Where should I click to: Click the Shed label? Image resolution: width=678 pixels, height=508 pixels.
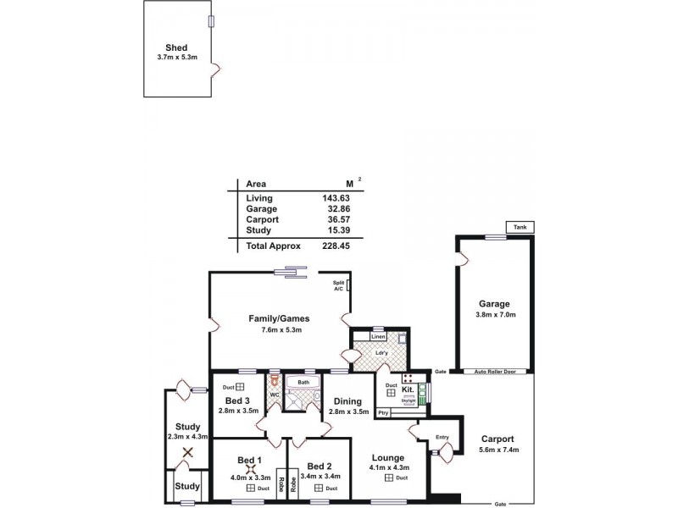pyautogui.click(x=176, y=48)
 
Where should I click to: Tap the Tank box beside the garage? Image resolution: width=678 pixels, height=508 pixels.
pyautogui.click(x=518, y=227)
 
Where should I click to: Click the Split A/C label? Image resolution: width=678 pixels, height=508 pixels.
pyautogui.click(x=338, y=286)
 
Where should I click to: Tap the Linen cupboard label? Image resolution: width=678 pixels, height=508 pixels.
pyautogui.click(x=379, y=336)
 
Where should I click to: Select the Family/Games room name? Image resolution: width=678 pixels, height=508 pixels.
pyautogui.click(x=278, y=318)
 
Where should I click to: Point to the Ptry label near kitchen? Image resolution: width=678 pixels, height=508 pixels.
pyautogui.click(x=383, y=412)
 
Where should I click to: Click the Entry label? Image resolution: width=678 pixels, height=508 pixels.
pyautogui.click(x=442, y=437)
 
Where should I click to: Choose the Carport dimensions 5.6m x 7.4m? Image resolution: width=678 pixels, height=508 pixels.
pyautogui.click(x=497, y=450)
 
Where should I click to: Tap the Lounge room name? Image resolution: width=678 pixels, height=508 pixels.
pyautogui.click(x=389, y=457)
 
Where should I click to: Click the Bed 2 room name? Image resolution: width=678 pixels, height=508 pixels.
pyautogui.click(x=319, y=467)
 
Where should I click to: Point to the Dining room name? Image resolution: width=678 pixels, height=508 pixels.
pyautogui.click(x=347, y=401)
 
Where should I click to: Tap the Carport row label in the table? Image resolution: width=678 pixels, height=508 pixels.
pyautogui.click(x=262, y=219)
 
